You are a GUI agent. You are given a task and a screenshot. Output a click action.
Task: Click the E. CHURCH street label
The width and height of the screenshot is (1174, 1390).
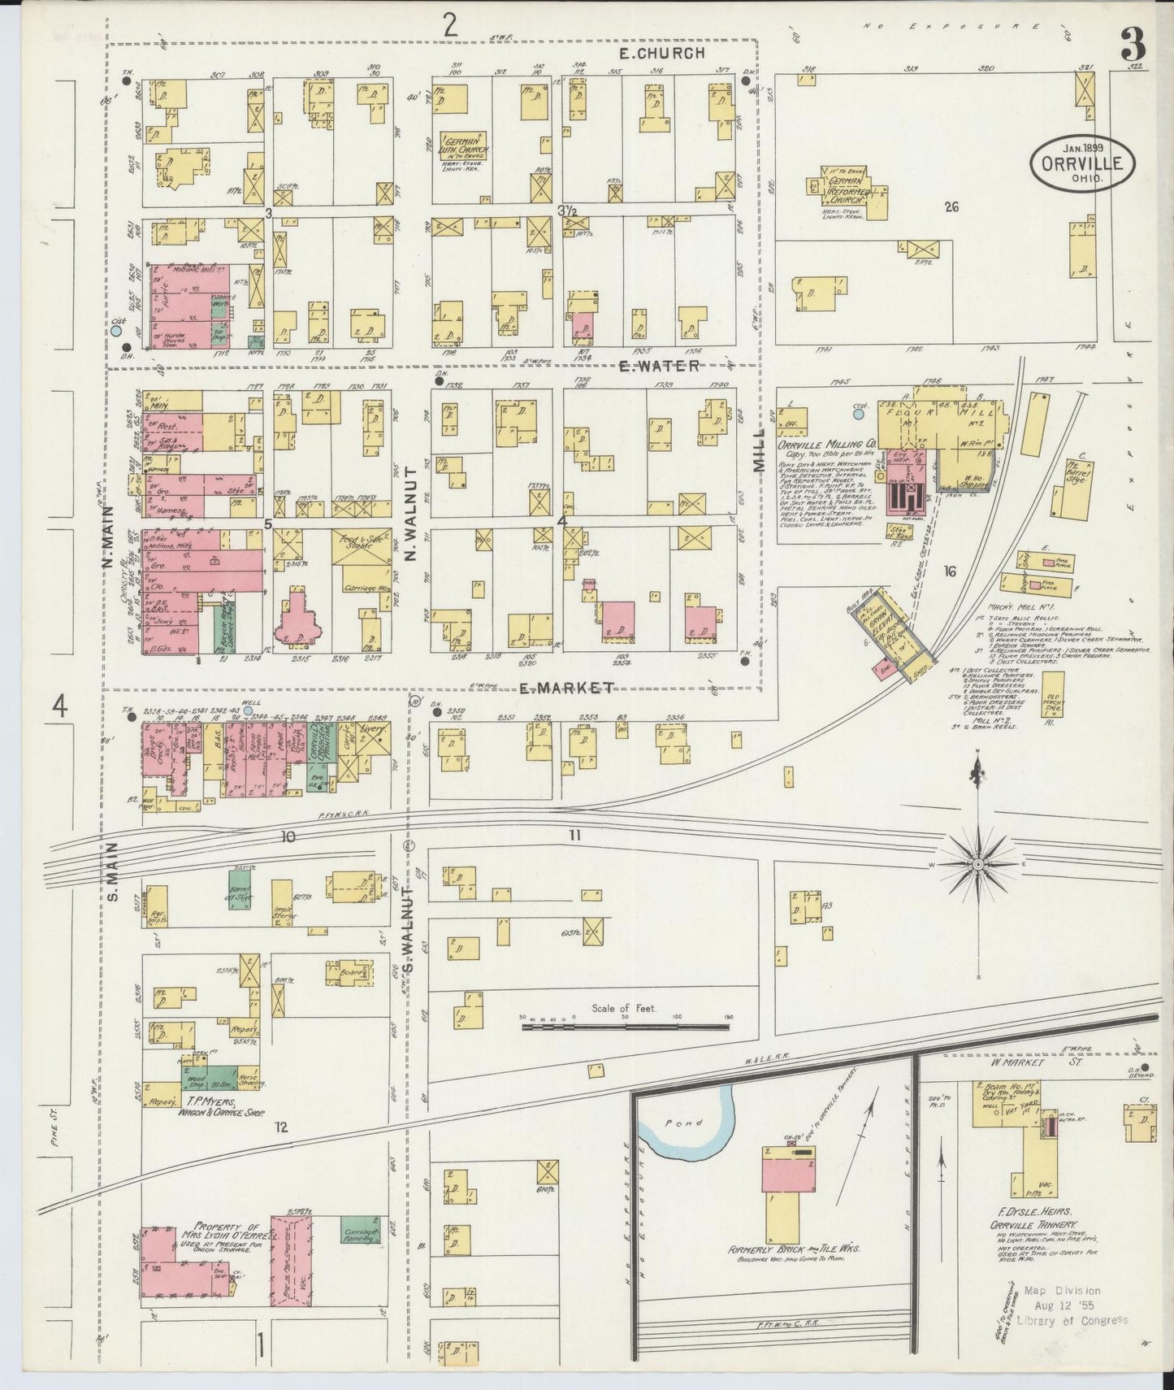[661, 54]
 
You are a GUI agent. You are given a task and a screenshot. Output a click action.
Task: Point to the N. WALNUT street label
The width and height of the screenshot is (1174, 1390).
[409, 515]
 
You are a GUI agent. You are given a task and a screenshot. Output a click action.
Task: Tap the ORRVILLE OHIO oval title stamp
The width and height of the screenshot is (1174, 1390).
[1082, 164]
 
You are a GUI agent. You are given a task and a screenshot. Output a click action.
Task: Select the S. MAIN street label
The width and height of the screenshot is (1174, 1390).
[112, 871]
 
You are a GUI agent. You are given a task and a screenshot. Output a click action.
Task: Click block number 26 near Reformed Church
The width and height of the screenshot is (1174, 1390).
[951, 207]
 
